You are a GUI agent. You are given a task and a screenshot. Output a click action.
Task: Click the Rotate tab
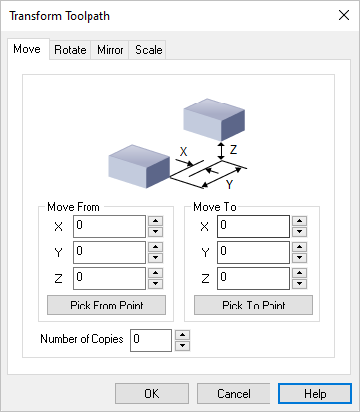70,49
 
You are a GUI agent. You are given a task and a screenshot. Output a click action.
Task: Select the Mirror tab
110,49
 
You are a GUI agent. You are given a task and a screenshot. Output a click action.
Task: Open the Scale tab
149,49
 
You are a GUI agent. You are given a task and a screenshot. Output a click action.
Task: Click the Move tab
27,49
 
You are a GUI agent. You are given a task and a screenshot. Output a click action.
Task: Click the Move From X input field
109,226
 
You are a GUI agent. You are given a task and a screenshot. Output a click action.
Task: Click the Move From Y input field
109,252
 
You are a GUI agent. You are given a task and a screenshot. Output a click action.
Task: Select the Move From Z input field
109,278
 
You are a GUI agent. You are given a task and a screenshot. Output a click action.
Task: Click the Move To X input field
253,226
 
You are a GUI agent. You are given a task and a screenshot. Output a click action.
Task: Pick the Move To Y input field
253,252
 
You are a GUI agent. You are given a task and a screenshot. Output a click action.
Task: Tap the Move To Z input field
253,278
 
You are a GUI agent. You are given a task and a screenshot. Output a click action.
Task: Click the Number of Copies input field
151,340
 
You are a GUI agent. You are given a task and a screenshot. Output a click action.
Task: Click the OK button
151,393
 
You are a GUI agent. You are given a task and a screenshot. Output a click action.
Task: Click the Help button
315,393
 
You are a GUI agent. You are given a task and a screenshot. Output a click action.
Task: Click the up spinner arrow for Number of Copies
182,334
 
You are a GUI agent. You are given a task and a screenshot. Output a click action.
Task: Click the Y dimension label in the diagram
229,185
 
